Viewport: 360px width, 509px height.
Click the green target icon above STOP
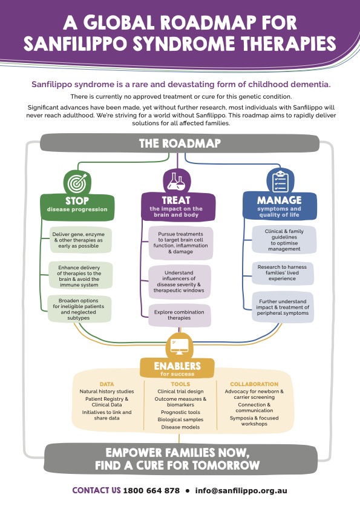pos(77,182)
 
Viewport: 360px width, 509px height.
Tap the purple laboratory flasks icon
pos(177,182)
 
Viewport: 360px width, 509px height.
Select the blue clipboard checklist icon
pos(280,181)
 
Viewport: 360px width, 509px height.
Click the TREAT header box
pos(178,206)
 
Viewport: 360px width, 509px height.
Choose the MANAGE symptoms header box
pos(280,206)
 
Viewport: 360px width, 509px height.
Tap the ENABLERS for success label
pos(177,369)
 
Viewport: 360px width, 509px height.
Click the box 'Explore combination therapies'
pos(180,315)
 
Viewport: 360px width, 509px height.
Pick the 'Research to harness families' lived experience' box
pos(283,273)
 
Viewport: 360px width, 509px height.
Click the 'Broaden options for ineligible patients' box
pos(79,309)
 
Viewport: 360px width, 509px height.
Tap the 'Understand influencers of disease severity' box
pos(179,281)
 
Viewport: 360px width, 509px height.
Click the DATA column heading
pos(107,384)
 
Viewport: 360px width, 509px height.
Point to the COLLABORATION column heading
pos(254,384)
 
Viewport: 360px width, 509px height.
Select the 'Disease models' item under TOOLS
pos(180,427)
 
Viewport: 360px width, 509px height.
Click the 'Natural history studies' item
pos(107,392)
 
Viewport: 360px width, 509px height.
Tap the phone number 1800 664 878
pos(151,490)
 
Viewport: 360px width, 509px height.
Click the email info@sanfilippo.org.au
pos(241,491)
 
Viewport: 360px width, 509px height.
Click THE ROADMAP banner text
pos(180,143)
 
